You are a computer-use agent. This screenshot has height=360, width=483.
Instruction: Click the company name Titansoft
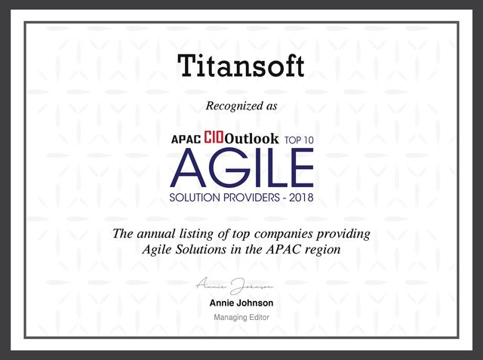(x=241, y=66)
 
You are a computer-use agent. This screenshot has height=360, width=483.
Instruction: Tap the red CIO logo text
(x=214, y=137)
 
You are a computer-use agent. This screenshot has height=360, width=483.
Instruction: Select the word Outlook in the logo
(x=251, y=139)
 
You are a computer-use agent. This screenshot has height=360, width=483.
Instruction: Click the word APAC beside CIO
(x=186, y=140)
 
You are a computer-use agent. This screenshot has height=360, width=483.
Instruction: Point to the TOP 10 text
(x=299, y=140)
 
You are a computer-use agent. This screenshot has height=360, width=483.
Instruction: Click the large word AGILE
(x=241, y=168)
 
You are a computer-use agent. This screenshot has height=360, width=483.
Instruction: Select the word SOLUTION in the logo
(x=195, y=198)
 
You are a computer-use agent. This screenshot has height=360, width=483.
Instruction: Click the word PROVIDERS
(x=251, y=198)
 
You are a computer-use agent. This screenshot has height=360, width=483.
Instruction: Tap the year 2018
(x=301, y=198)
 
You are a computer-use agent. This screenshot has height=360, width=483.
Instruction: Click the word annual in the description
(x=156, y=234)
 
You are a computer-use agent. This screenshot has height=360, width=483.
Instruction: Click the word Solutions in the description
(x=201, y=250)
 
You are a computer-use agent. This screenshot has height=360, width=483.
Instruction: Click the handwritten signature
(x=235, y=286)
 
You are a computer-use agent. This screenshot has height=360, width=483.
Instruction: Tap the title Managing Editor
(x=241, y=318)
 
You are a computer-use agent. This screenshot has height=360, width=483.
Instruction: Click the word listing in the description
(x=196, y=235)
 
